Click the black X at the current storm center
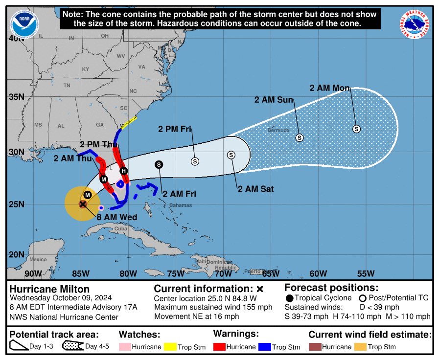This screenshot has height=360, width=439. (83, 204)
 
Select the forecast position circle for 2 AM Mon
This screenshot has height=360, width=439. (357, 129)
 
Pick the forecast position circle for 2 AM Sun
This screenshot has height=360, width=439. (300, 138)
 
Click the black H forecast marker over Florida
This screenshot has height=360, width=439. (124, 171)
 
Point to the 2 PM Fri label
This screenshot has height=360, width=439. (174, 129)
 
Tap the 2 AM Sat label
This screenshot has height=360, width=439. (255, 189)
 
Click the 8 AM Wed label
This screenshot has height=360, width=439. (116, 217)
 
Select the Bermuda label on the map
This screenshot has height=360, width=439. (278, 131)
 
